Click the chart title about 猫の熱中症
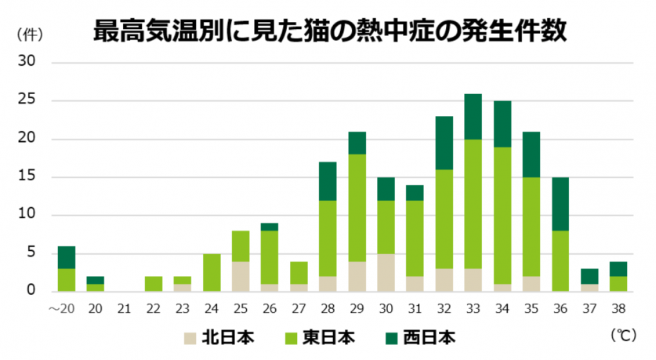click(x=329, y=32)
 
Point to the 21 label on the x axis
click(x=124, y=307)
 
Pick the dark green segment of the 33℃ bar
click(x=473, y=117)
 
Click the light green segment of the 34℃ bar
click(x=502, y=216)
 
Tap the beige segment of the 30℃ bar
click(x=386, y=273)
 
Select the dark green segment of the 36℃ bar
click(x=560, y=203)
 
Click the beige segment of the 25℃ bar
click(x=241, y=276)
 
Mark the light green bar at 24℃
click(x=212, y=273)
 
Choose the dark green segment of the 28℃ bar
click(x=328, y=181)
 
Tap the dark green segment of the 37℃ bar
click(x=589, y=276)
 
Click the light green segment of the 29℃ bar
click(x=357, y=207)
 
